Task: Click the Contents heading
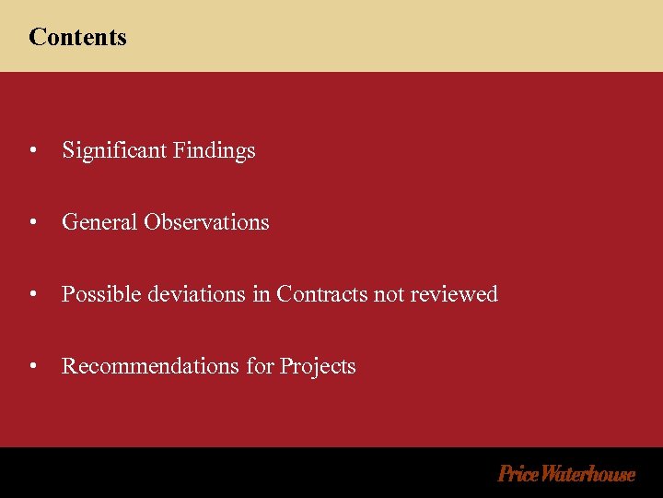point(77,37)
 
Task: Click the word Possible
point(98,294)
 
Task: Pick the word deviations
point(192,294)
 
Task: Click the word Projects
point(318,367)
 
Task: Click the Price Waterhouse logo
point(566,474)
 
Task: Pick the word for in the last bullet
point(260,366)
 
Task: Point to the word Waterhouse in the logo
point(588,474)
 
